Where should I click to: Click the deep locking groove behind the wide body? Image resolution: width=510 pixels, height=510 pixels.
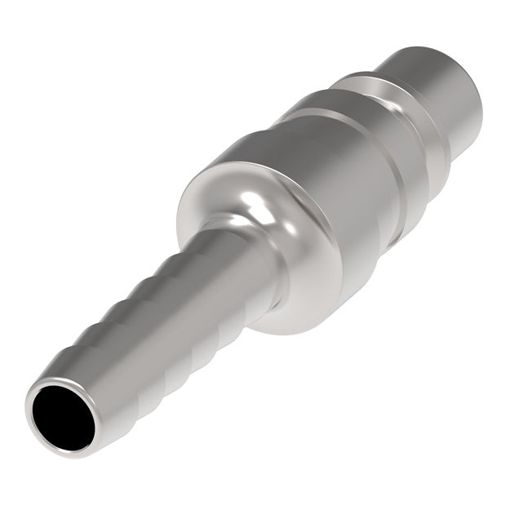[400, 171]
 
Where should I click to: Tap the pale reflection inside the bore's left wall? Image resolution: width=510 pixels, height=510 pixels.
[41, 412]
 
